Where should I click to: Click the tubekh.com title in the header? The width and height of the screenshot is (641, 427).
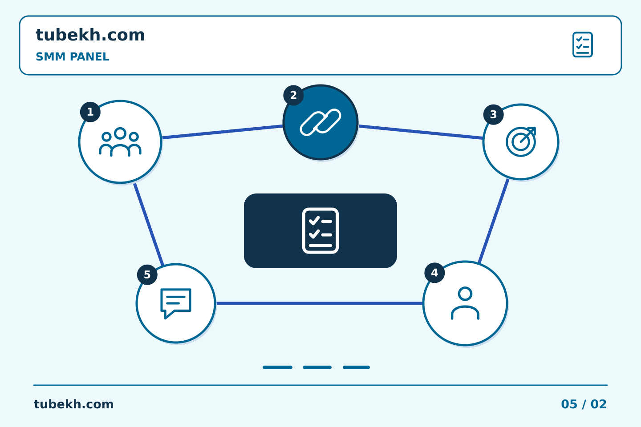pos(90,35)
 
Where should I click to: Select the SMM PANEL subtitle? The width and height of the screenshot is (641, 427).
pos(73,56)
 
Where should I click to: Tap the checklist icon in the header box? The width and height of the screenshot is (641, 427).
pos(583,44)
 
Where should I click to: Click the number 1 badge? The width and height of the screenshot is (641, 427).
pos(90,112)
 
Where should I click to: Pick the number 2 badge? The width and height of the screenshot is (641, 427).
pos(293,95)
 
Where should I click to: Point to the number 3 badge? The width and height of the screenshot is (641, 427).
pos(493,114)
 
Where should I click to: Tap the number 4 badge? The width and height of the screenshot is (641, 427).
pos(434,273)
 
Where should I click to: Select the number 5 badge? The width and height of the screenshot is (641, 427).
pos(147,274)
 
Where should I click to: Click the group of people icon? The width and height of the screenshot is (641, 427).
pos(120,142)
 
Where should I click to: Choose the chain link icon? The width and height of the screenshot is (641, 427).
pos(320,122)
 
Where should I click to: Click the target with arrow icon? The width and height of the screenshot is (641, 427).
pos(521,141)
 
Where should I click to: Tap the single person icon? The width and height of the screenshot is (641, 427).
pos(465,303)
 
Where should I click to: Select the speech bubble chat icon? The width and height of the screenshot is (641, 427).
pos(176,303)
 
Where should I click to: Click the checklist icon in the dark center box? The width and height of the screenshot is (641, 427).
pos(320,230)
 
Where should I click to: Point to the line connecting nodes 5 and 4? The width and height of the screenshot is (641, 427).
pos(319,303)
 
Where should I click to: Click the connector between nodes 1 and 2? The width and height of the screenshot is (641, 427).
pos(223,132)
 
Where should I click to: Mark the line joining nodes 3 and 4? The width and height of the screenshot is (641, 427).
pos(494,221)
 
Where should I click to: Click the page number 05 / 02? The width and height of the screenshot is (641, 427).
pos(584,404)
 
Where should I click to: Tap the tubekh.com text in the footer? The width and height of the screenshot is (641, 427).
pos(73,404)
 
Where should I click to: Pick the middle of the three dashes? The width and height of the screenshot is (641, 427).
pos(317,367)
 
